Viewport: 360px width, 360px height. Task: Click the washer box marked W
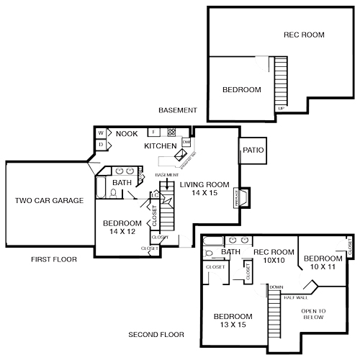point(101,133)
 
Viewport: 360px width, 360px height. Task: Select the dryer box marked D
point(101,145)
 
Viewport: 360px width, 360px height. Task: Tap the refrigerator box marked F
point(153,132)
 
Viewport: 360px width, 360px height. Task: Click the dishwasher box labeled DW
point(186,143)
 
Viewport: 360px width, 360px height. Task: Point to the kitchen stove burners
point(172,132)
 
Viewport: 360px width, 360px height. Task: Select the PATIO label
point(252,150)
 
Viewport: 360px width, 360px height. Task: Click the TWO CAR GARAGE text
point(49,200)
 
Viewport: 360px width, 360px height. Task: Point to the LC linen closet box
point(155,195)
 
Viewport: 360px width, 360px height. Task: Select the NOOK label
point(127,133)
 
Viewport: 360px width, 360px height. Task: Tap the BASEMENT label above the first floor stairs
point(166,175)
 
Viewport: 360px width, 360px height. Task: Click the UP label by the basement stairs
point(280,108)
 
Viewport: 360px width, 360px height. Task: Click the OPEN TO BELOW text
point(313,315)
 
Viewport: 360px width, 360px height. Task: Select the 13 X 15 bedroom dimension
point(232,326)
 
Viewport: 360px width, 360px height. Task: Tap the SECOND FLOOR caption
point(156,335)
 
